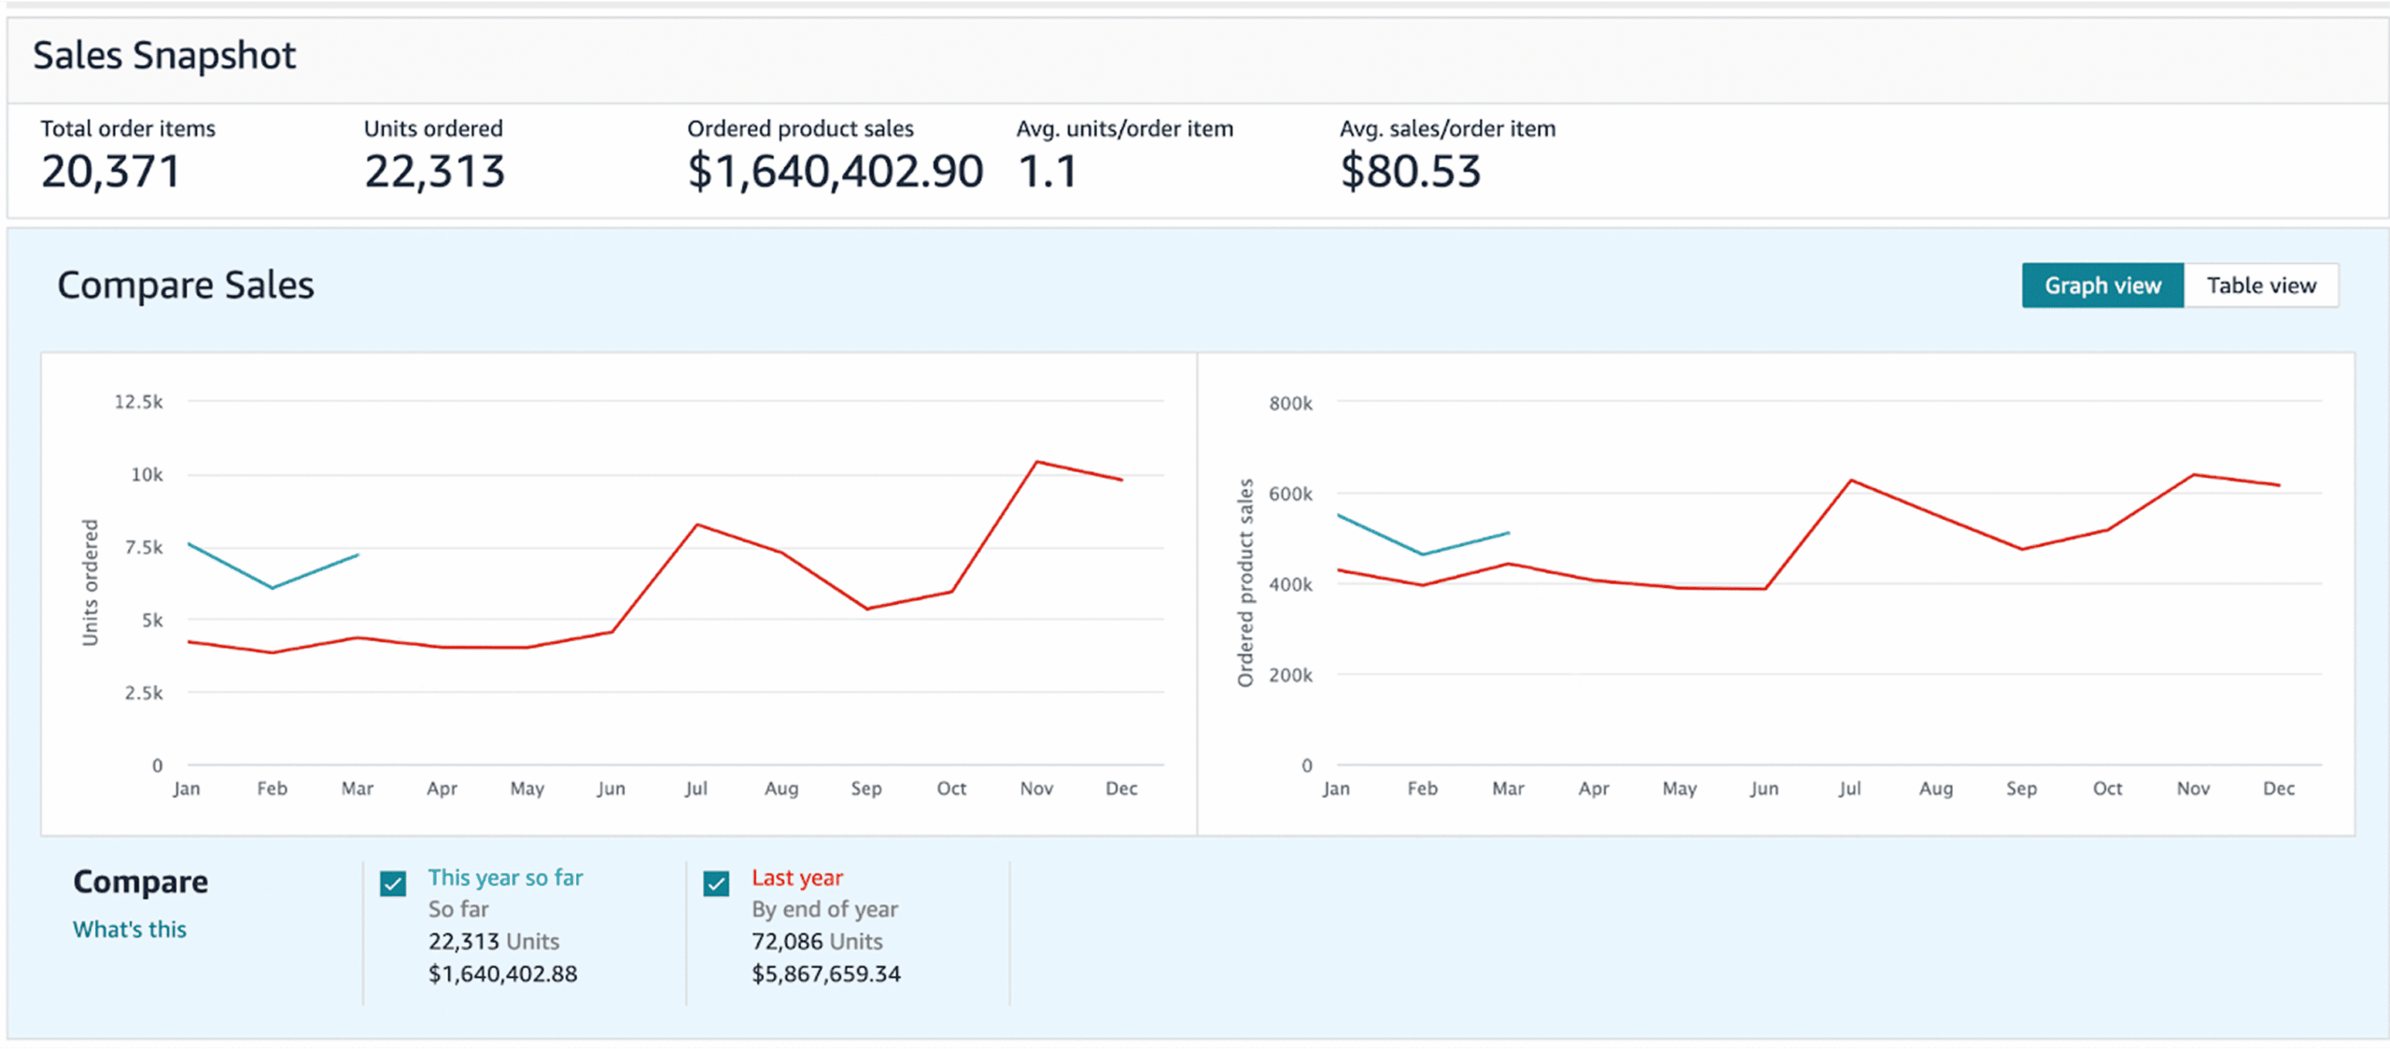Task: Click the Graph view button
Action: [x=2102, y=286]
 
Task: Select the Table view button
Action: [x=2260, y=286]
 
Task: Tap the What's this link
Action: [x=130, y=930]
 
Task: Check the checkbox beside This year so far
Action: [x=393, y=883]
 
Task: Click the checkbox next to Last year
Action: [x=716, y=883]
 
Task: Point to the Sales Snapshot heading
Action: [x=164, y=56]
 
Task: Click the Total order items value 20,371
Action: [x=110, y=172]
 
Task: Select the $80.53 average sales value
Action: [x=1410, y=172]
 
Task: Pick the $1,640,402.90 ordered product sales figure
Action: [x=835, y=172]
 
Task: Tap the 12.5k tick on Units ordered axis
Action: [x=138, y=402]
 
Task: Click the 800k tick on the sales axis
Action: [x=1290, y=403]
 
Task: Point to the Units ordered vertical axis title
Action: [x=91, y=582]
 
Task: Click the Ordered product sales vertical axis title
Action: [x=1245, y=582]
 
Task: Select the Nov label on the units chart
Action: [x=1036, y=789]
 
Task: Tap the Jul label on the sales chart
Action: [x=1849, y=789]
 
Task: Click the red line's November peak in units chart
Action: [x=1037, y=462]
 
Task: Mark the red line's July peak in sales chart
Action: [x=1851, y=481]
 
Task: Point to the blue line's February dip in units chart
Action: [x=272, y=588]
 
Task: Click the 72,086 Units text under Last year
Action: [x=817, y=942]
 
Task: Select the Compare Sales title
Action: [x=186, y=286]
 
